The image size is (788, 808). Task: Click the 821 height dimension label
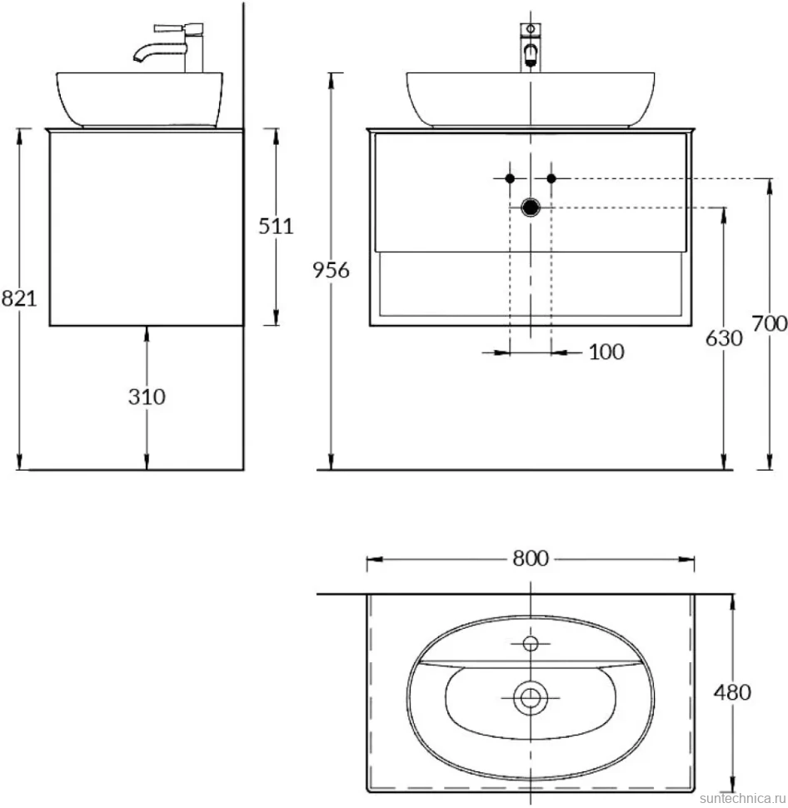click(x=19, y=298)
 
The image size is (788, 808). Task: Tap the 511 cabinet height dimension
click(x=276, y=227)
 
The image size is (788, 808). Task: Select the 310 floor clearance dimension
click(x=147, y=397)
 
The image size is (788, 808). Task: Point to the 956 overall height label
click(x=332, y=270)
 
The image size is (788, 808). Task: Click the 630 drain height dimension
click(x=724, y=338)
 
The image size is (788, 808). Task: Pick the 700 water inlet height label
click(x=770, y=324)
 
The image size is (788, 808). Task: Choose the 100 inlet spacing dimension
click(x=606, y=352)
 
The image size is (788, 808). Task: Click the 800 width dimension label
click(x=531, y=559)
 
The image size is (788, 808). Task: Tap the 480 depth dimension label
click(x=732, y=692)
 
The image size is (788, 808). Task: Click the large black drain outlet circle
click(x=531, y=207)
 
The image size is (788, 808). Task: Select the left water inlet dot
click(x=510, y=179)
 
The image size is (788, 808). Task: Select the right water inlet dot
click(x=551, y=179)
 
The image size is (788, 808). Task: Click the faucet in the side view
click(x=170, y=47)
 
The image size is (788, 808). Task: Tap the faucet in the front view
click(x=531, y=47)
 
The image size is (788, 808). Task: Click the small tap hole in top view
click(x=531, y=644)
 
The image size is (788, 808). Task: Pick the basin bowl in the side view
click(x=140, y=100)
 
